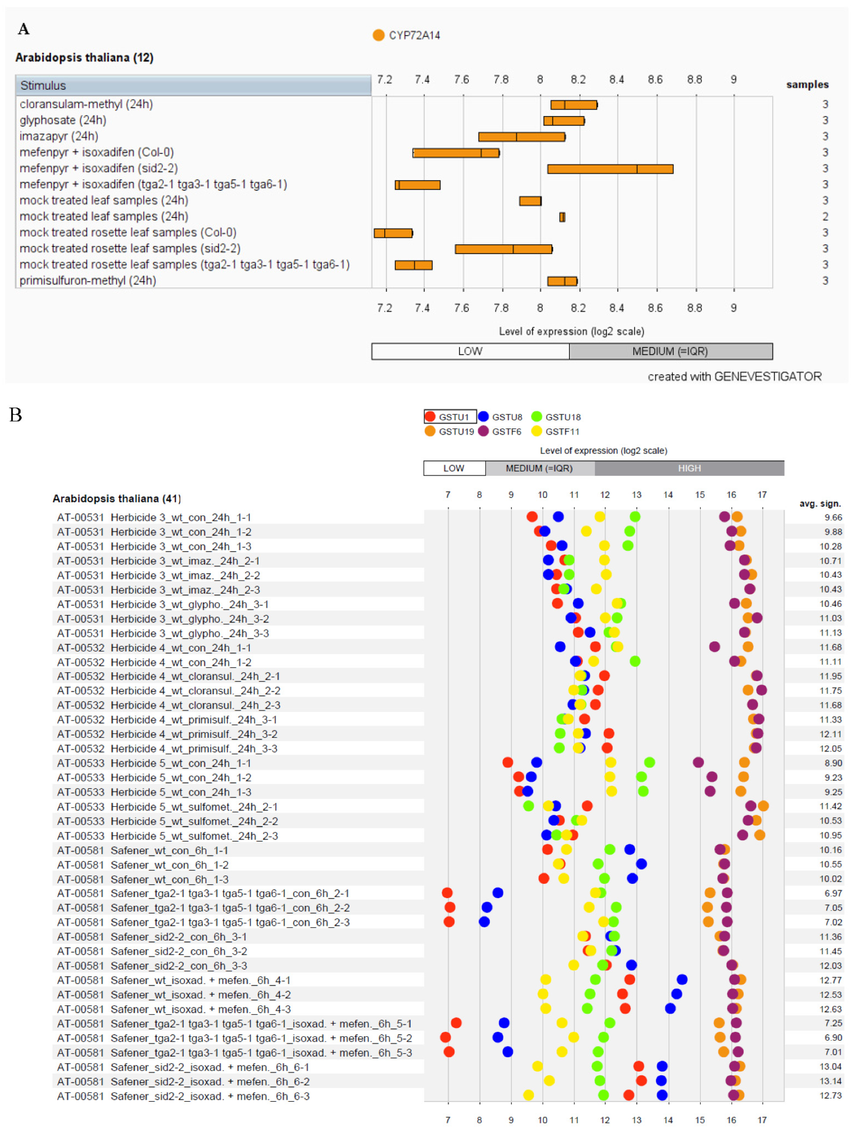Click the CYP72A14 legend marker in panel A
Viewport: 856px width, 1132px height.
378,35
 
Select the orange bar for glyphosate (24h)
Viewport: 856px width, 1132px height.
564,121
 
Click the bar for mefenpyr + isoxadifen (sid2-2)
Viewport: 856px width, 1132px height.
610,169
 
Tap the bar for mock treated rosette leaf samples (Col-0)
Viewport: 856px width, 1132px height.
393,233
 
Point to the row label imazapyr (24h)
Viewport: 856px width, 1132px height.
59,136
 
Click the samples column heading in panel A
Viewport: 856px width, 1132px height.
807,85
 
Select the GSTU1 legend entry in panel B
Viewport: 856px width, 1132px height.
449,417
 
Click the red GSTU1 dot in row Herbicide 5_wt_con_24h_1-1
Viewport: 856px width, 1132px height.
507,763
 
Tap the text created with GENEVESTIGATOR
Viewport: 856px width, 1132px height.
734,377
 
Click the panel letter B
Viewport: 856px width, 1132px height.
16,415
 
